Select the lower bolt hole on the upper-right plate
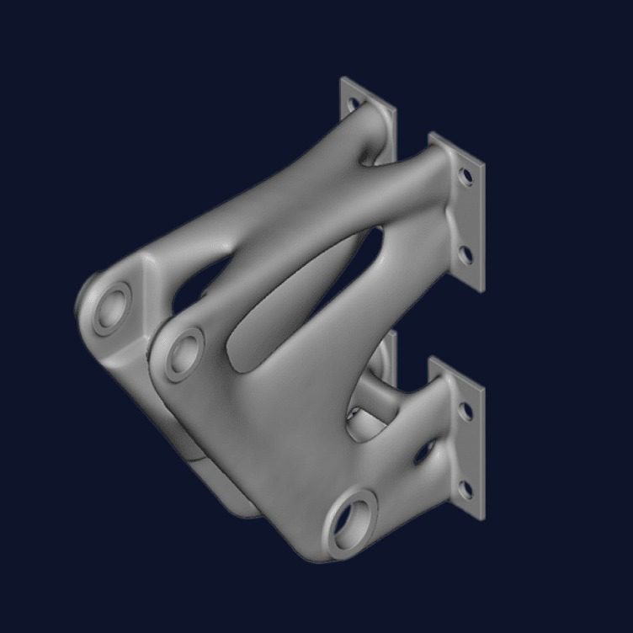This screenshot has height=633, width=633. (x=463, y=251)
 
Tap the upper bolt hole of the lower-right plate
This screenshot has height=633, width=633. (x=463, y=411)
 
